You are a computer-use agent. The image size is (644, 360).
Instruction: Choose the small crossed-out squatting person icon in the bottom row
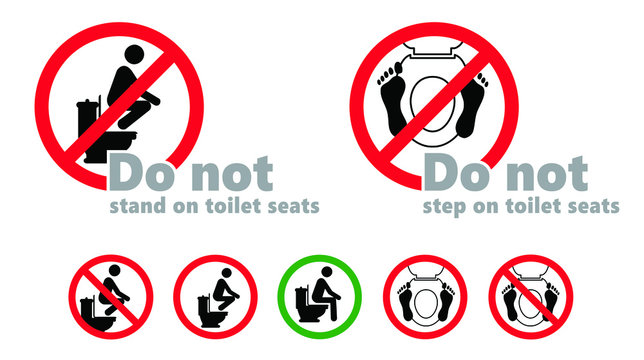(110, 296)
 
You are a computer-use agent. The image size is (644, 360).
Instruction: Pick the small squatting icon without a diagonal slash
(215, 296)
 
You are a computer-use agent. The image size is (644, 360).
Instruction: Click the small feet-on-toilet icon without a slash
(424, 296)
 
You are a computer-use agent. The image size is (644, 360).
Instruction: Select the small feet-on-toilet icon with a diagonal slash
(530, 296)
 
